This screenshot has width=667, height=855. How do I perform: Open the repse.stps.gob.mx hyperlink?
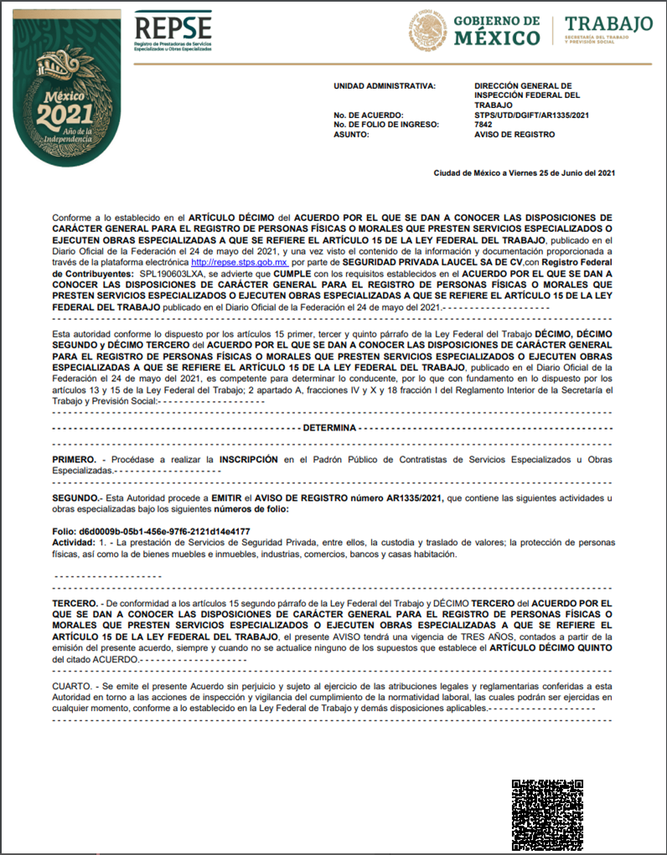point(239,262)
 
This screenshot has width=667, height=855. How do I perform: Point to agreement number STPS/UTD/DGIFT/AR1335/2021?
point(531,116)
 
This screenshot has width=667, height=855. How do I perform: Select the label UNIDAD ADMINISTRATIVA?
point(385,85)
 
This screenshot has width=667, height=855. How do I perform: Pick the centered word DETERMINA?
point(330,427)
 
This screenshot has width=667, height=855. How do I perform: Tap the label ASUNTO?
point(352,134)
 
